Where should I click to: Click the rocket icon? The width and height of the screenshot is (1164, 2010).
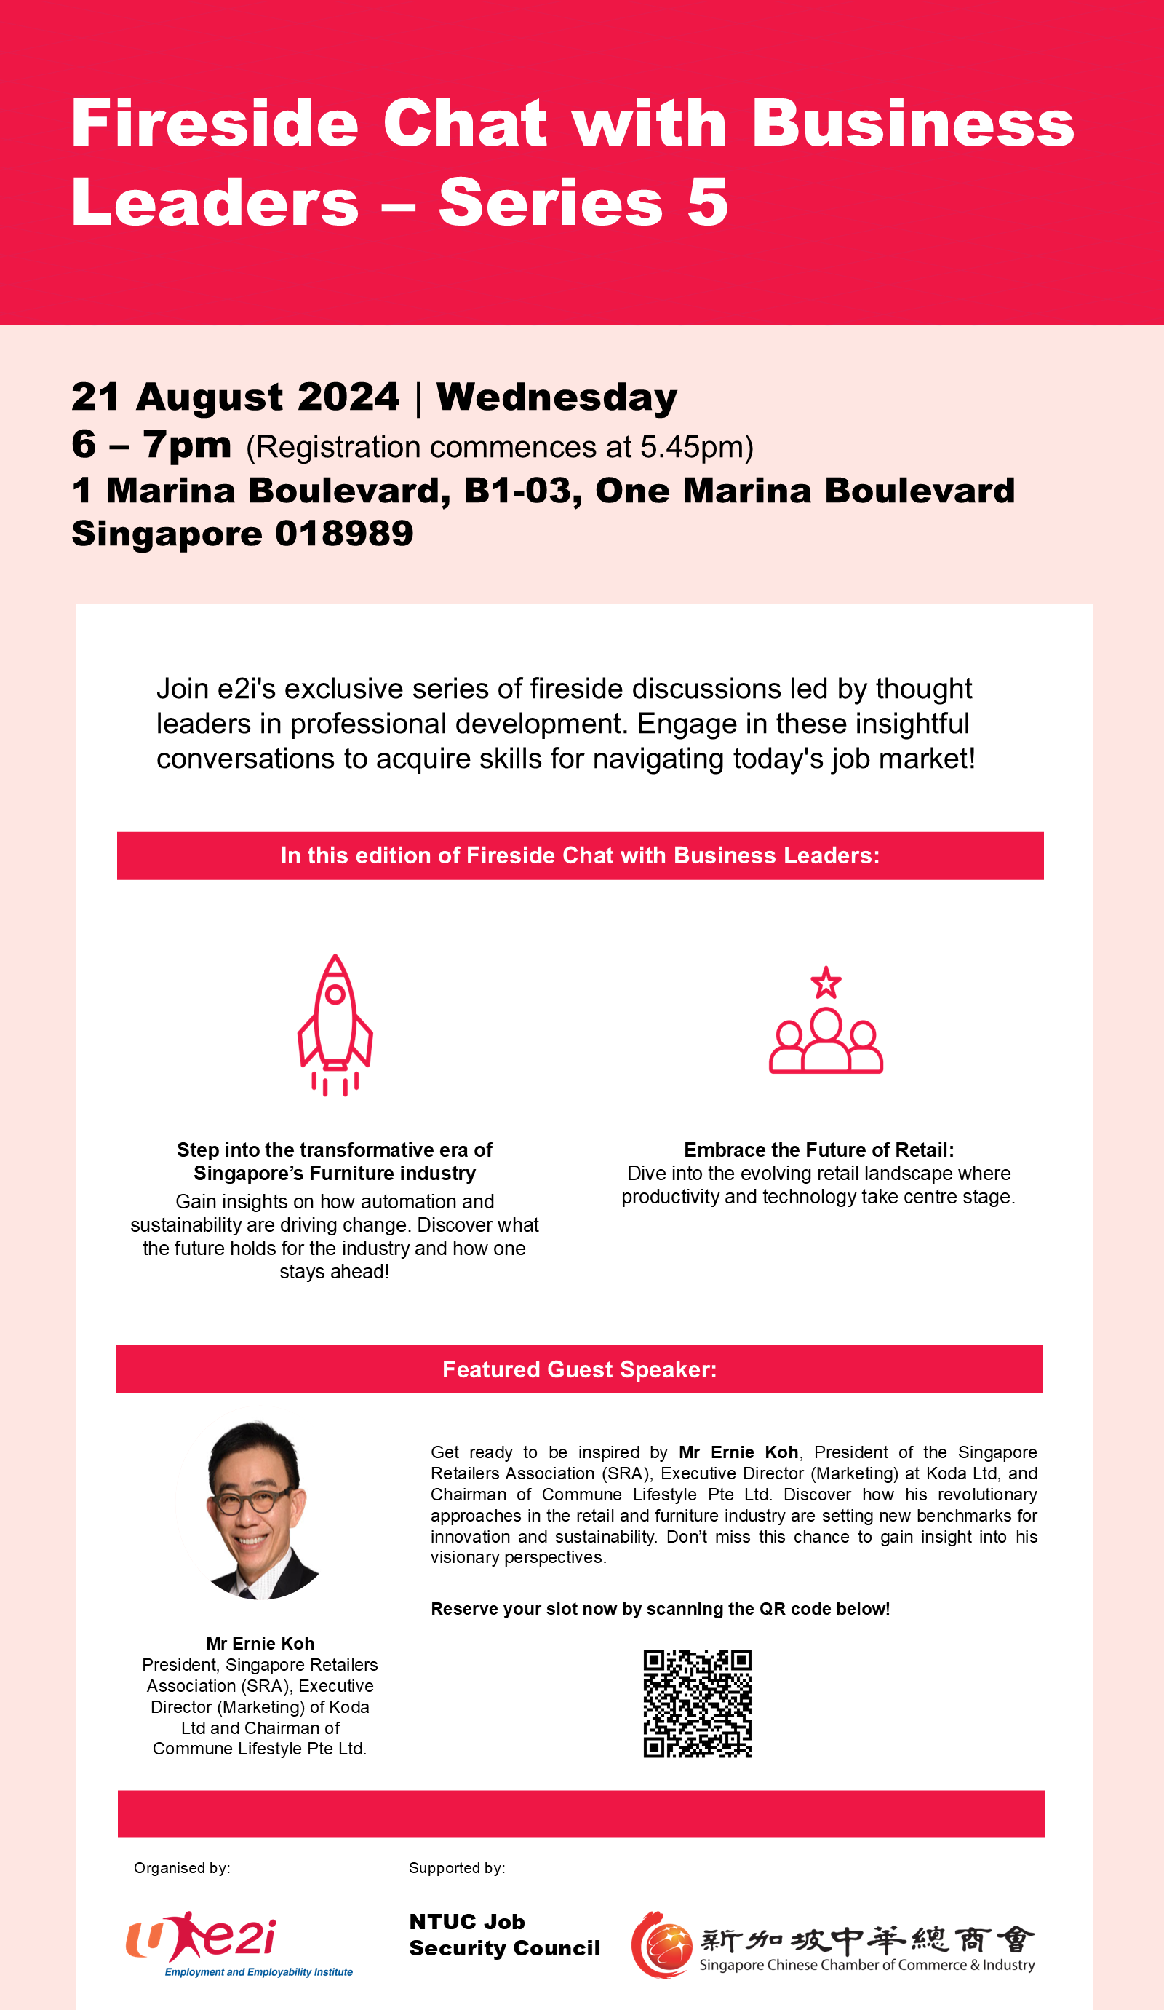(335, 1024)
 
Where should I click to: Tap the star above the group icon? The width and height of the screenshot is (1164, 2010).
(826, 983)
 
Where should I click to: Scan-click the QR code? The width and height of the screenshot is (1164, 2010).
(697, 1703)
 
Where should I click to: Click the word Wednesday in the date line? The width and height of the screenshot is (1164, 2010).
(557, 397)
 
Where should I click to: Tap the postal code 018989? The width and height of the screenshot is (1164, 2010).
(344, 534)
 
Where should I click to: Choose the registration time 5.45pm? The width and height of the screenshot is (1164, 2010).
(691, 448)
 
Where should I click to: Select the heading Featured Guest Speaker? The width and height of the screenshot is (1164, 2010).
(580, 1369)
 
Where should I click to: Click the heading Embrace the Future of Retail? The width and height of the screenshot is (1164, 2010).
(818, 1150)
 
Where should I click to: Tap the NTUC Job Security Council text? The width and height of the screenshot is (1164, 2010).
(504, 1934)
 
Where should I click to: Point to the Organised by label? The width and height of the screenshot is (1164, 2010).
(182, 1868)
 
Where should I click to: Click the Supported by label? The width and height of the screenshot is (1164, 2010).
(457, 1868)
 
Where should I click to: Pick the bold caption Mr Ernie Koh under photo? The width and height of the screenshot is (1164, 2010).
(260, 1643)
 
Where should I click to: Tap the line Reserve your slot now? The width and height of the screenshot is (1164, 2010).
(660, 1609)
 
